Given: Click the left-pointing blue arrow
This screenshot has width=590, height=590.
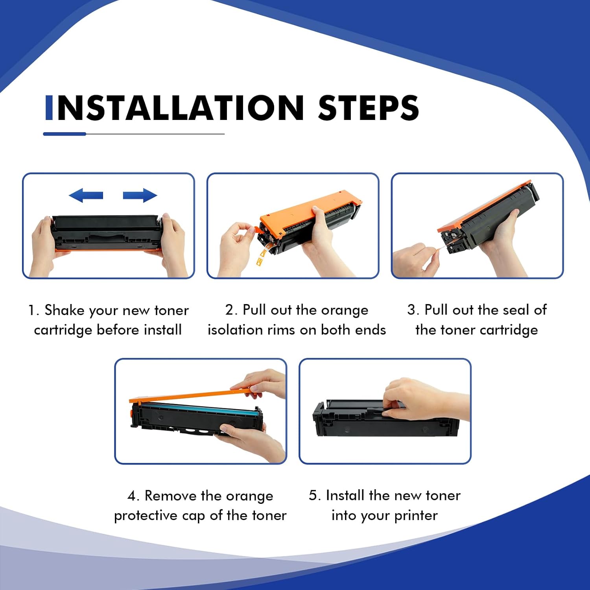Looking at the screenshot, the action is [86, 195].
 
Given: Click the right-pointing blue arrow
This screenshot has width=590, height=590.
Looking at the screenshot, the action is [140, 195].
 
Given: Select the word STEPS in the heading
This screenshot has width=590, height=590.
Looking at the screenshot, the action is [368, 108].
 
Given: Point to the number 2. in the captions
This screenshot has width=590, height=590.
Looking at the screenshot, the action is [231, 310].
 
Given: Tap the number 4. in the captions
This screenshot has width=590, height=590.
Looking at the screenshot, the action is [133, 496].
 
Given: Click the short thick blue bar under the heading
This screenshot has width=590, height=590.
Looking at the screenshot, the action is [65, 134].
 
